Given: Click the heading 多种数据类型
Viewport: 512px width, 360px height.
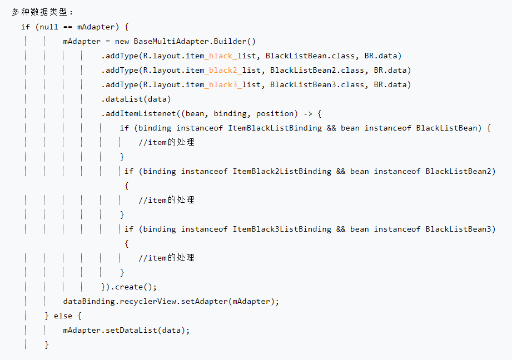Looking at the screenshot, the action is [42, 12].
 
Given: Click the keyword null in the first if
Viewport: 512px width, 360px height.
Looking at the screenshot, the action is [49, 27].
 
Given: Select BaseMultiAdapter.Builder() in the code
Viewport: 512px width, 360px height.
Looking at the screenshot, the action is [195, 41].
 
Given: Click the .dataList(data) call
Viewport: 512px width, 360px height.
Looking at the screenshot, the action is [136, 99].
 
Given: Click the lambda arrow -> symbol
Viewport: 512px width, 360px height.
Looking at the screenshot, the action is [307, 113].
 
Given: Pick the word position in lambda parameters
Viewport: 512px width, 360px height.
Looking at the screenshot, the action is [275, 113].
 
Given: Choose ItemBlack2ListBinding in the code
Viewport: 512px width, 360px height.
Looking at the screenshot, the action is [282, 171].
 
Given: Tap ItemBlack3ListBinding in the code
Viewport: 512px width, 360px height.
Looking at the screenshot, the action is [282, 229].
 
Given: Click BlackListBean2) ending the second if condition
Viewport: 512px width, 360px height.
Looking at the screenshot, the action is [460, 171].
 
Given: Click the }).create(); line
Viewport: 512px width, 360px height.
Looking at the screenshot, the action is [129, 287].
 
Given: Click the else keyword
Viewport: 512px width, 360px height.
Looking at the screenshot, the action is [63, 316].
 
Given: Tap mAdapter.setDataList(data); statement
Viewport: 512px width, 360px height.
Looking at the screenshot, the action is [126, 330].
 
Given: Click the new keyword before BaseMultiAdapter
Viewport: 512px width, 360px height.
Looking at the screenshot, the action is [122, 41].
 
